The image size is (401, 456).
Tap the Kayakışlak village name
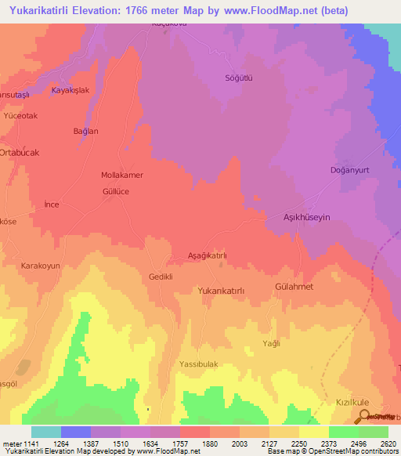click(72, 91)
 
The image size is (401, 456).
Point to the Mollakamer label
click(122, 176)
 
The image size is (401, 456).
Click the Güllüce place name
click(116, 191)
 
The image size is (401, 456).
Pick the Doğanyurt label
click(349, 170)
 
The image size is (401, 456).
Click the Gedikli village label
click(160, 277)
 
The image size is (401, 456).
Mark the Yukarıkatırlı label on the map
click(222, 291)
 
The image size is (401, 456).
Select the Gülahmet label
click(294, 288)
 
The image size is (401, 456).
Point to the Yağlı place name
click(271, 344)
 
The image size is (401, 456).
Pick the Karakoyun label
click(41, 266)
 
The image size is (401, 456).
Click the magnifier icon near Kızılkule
click(363, 415)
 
